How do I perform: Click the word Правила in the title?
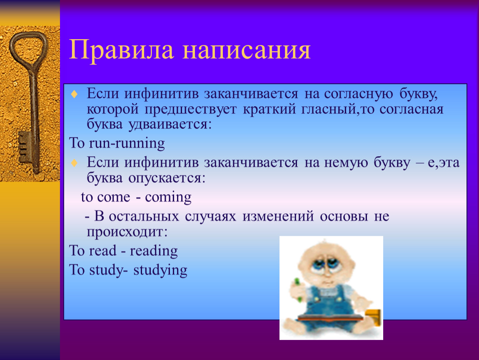tap(122, 50)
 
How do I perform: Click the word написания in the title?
tap(247, 50)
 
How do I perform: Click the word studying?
tap(160, 270)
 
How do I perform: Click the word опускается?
tap(167, 178)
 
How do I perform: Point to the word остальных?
tap(144, 216)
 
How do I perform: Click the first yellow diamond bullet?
tap(74, 94)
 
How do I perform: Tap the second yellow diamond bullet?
tap(74, 162)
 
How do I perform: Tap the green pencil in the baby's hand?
tap(297, 289)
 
